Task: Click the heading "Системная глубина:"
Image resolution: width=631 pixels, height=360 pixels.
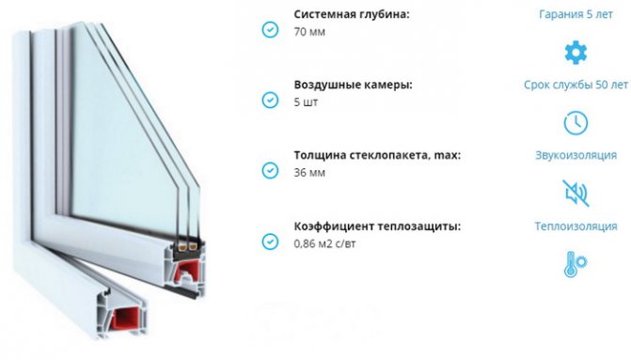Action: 352,15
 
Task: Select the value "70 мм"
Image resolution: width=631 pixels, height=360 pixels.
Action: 309,32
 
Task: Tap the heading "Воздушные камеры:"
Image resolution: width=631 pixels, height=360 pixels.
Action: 353,86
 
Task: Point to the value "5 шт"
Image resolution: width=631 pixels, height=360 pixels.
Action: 306,102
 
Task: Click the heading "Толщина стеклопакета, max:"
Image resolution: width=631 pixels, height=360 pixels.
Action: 377,155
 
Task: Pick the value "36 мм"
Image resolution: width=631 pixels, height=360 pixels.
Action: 309,173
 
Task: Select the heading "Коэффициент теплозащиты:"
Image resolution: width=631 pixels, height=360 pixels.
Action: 377,227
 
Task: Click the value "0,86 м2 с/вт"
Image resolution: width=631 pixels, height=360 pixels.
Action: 324,243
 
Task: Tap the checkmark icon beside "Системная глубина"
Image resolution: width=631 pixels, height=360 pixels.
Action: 270,29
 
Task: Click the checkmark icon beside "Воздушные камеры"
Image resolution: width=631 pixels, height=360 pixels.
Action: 270,100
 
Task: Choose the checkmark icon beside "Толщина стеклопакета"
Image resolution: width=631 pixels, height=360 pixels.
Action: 270,170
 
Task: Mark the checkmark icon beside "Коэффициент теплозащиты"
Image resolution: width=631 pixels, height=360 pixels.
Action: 270,242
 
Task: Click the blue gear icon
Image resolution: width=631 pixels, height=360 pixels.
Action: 576,53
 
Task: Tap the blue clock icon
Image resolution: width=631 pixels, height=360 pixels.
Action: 576,123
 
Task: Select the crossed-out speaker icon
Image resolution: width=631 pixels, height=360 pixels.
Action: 576,193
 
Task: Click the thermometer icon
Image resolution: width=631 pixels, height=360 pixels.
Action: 576,264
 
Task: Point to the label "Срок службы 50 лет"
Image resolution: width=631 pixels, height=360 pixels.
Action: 576,85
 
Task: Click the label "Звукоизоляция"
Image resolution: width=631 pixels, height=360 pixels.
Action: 576,155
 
